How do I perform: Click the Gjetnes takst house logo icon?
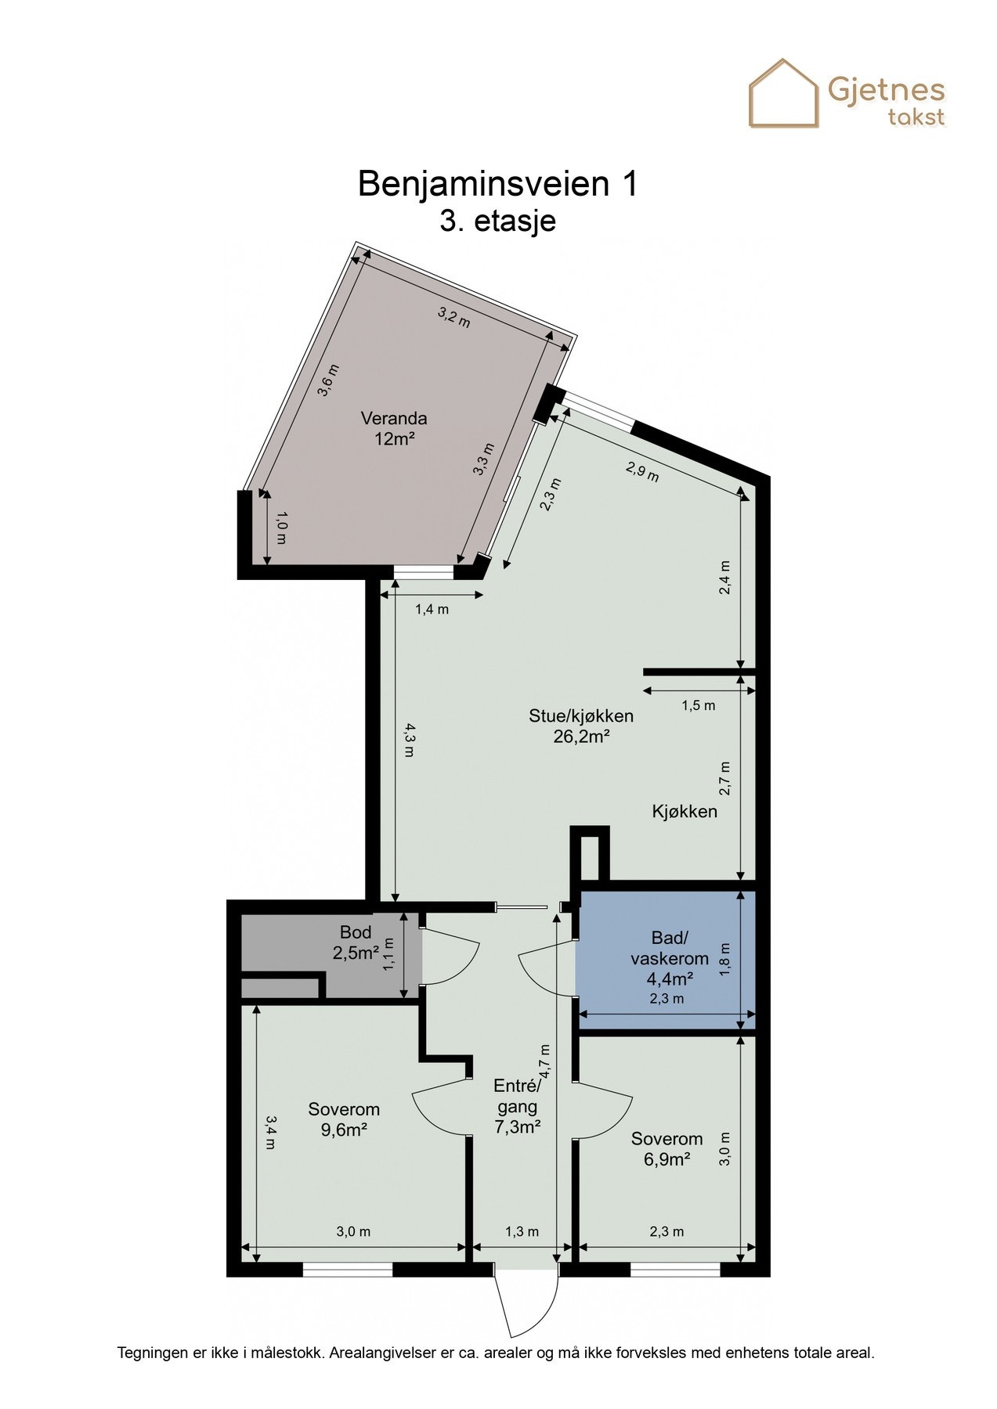point(784,94)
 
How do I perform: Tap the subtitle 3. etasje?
point(498,221)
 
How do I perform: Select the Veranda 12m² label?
point(394,428)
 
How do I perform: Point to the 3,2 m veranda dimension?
point(454,317)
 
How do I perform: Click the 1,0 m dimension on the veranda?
point(281,528)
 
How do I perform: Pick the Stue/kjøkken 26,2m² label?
point(581,726)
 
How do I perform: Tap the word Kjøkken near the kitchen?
point(685,812)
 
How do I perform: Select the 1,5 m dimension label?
point(699,705)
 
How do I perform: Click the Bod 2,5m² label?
point(356,942)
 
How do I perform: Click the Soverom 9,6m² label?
point(344,1119)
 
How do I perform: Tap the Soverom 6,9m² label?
point(667,1149)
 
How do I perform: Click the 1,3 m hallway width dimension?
point(522,1231)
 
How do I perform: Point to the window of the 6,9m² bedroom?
point(674,1270)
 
